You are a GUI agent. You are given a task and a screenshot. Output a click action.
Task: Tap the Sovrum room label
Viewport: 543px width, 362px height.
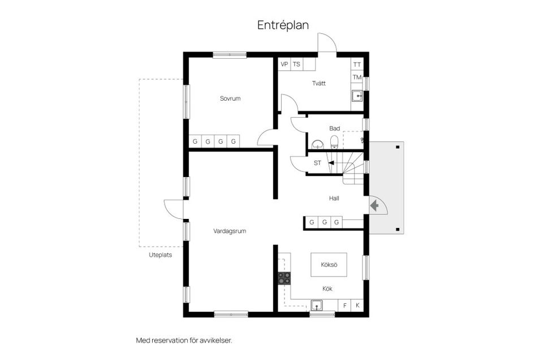click(230, 98)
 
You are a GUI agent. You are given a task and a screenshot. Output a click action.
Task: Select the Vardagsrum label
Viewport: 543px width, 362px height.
click(230, 231)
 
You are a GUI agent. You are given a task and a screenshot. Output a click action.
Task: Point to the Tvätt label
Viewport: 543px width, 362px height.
click(319, 83)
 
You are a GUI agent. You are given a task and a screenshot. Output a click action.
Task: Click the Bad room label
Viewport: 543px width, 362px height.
click(335, 128)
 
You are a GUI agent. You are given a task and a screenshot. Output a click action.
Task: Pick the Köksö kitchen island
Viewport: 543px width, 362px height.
click(328, 264)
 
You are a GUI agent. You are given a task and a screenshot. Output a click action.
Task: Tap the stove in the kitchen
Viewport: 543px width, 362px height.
click(284, 278)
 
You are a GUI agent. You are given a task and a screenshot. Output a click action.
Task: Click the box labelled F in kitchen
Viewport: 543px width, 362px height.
click(345, 305)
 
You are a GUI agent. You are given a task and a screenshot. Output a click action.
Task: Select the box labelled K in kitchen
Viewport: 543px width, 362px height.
click(357, 305)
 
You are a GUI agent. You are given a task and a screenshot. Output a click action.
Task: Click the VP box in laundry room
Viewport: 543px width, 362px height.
click(284, 64)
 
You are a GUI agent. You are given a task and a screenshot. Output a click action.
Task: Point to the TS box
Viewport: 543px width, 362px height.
click(296, 64)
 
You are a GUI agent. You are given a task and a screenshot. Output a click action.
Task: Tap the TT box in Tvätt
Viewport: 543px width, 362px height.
click(357, 64)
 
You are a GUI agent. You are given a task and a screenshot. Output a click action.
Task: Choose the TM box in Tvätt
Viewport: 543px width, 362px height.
click(357, 77)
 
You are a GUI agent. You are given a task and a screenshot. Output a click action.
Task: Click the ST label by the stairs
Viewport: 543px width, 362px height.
click(317, 163)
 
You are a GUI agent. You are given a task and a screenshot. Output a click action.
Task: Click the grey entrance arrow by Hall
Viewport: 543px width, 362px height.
click(374, 205)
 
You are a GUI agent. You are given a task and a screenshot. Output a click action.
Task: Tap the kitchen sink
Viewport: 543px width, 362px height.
click(317, 306)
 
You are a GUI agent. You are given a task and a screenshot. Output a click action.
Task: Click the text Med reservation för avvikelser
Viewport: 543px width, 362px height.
click(184, 341)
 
